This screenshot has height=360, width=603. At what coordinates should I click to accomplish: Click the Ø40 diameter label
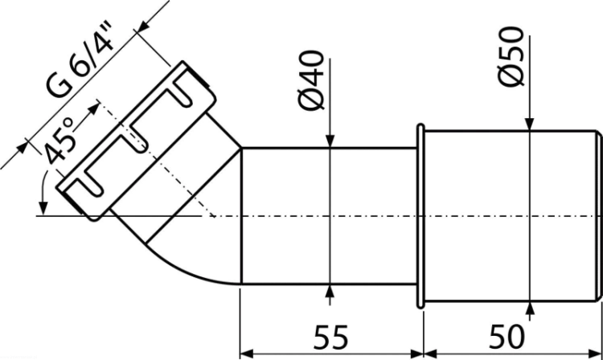pos(311,80)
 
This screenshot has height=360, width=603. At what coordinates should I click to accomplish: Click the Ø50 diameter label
pos(511,56)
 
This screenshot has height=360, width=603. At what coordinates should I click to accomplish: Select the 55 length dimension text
pos(330,337)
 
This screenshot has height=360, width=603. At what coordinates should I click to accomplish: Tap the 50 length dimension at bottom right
pos(507,337)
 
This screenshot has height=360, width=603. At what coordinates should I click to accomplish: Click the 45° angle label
pos(59,141)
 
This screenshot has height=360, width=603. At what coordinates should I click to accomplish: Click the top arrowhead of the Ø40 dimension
pos(330,141)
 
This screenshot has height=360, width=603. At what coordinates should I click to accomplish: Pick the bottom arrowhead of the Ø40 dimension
pos(330,292)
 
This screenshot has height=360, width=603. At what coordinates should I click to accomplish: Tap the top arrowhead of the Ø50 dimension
pos(530,124)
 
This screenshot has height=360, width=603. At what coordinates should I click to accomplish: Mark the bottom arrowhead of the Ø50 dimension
pos(530,309)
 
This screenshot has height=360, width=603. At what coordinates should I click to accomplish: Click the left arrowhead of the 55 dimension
pos(247,353)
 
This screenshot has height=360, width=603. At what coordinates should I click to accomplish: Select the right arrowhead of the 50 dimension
pos(596,353)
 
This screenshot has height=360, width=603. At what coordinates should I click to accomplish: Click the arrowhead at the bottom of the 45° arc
pos(44,208)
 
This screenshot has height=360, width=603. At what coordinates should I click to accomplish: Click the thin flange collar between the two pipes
pos(420,216)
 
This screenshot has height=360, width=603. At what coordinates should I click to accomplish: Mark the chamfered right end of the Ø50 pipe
pos(598,216)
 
